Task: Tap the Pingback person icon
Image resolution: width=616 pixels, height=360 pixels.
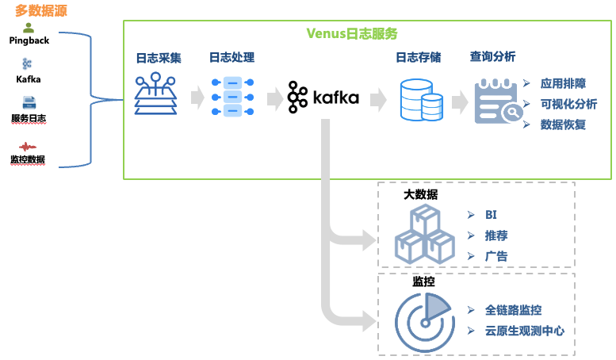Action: tap(29, 28)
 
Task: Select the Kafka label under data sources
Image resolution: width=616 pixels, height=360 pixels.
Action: tap(29, 79)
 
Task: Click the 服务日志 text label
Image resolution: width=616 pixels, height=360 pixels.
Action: tap(29, 119)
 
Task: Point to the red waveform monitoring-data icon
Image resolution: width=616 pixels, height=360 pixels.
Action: tap(29, 147)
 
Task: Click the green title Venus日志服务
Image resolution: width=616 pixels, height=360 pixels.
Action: tap(352, 33)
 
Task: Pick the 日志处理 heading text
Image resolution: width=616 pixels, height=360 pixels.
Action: tap(231, 57)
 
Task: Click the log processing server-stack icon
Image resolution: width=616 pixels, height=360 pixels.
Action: tap(231, 98)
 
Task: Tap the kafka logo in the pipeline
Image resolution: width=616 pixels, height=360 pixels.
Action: tap(323, 98)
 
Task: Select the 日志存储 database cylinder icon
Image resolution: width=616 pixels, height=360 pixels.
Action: tap(420, 99)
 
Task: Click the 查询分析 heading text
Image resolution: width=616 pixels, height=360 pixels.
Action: tap(492, 57)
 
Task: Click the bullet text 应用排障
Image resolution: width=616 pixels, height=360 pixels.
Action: tap(562, 82)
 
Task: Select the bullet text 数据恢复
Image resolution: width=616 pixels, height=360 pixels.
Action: tap(562, 124)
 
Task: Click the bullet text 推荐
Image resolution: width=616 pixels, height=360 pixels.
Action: tap(497, 236)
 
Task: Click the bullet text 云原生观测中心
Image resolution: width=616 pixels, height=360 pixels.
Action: tap(525, 331)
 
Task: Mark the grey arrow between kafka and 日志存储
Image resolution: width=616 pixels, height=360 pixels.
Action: tap(377, 99)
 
